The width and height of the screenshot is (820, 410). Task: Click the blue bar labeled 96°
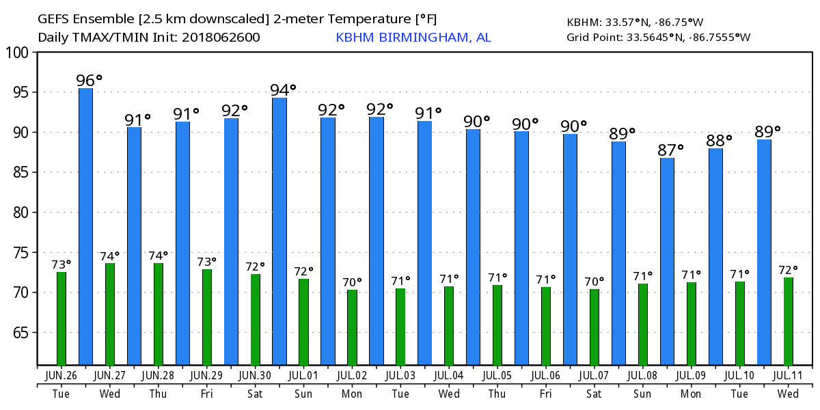point(86,225)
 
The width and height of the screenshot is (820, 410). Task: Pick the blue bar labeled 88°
point(715,256)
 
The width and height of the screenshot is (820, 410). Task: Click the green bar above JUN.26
point(61,318)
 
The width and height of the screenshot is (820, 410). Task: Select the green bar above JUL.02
point(352,327)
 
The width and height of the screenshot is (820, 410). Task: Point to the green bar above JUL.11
point(788,321)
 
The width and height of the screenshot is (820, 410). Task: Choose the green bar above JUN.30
point(255,319)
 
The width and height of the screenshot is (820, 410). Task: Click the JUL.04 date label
point(449,375)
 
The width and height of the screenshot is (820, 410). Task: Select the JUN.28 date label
point(158,375)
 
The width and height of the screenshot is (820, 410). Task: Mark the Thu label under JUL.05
point(497,394)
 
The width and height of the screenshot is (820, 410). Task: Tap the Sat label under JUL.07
point(594,394)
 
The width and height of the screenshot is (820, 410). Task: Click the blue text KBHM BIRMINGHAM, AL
point(413,38)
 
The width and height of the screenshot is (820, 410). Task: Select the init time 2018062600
point(220,38)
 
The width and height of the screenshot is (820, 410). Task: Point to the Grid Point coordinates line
point(658,38)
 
